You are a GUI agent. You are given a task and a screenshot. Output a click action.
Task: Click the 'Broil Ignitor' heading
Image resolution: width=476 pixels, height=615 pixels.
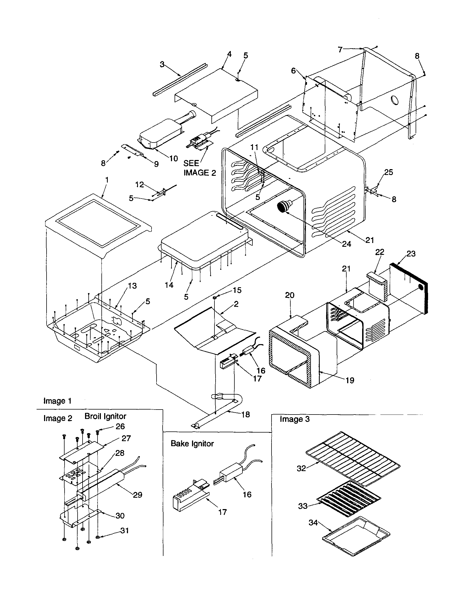pos(105,416)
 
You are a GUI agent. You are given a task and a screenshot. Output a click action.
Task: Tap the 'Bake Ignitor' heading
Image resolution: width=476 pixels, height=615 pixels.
pos(192,444)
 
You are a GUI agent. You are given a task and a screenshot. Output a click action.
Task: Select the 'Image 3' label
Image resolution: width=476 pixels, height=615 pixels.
pos(294,419)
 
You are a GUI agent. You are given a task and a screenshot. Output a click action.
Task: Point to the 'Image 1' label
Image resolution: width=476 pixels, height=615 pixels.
pos(57,401)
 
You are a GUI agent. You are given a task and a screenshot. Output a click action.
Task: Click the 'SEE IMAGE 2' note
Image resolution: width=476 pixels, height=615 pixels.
pos(199,168)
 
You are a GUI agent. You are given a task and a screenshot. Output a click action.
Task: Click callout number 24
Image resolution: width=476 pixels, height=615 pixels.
pos(346,244)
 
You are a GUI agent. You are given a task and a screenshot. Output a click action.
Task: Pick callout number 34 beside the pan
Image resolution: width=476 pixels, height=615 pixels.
pos(313,523)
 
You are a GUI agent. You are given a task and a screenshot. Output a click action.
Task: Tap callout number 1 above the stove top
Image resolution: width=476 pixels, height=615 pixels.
pos(107,180)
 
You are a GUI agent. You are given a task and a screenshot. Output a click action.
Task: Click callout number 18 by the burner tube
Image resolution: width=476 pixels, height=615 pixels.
pos(245,414)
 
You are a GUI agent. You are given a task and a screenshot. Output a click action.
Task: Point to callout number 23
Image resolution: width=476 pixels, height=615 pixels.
pos(411,254)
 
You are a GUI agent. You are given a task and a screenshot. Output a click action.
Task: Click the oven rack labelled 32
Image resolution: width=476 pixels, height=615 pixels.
pos(353,459)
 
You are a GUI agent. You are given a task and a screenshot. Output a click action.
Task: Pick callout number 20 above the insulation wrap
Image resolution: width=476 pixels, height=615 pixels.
pos(290,295)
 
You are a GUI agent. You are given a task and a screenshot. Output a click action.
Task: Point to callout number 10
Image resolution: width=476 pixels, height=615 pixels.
pos(173,159)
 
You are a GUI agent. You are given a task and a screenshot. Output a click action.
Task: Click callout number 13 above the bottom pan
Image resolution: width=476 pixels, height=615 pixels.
pos(132,286)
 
